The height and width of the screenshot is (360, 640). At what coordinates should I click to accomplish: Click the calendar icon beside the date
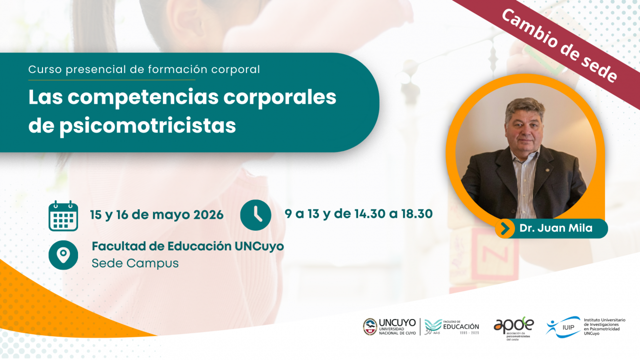[63, 216]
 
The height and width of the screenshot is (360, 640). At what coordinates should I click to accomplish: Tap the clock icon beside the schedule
[255, 215]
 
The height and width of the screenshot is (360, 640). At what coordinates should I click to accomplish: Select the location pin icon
[63, 255]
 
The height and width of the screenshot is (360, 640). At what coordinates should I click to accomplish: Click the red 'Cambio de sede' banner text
[560, 45]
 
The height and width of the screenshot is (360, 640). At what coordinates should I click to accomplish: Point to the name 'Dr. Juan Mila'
[556, 229]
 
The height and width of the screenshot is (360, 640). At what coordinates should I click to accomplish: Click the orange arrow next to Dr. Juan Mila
[505, 229]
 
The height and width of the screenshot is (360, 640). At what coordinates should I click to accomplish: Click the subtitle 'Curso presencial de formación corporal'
[144, 70]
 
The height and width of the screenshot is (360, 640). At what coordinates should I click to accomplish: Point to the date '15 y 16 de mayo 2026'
[157, 215]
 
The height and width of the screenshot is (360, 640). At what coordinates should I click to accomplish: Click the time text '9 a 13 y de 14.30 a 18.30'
[359, 214]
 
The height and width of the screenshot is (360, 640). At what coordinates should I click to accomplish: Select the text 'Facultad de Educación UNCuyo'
[188, 246]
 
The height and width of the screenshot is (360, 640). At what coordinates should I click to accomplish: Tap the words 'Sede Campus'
[135, 263]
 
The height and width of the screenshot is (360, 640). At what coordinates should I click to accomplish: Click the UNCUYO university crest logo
[370, 326]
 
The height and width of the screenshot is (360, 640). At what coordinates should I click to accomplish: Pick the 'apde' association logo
[514, 326]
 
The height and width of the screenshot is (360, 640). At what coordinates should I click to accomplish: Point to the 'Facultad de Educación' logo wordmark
[460, 326]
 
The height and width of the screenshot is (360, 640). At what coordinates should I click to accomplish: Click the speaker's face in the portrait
[524, 131]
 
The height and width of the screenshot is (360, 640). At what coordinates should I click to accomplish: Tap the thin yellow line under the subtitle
[112, 80]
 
